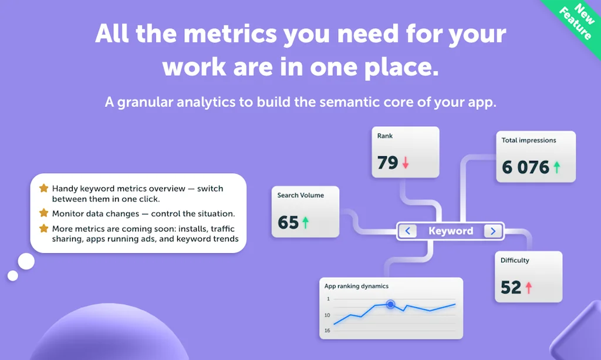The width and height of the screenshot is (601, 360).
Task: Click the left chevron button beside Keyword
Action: pyautogui.click(x=407, y=231)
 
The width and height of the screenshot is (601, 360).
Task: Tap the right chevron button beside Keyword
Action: pyautogui.click(x=493, y=231)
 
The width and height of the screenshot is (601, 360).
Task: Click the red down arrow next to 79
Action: pyautogui.click(x=406, y=163)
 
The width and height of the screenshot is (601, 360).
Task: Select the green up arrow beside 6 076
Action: pyautogui.click(x=556, y=167)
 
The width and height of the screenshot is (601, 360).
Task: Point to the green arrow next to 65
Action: pyautogui.click(x=305, y=223)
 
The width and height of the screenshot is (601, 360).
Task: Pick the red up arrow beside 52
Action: pyautogui.click(x=529, y=288)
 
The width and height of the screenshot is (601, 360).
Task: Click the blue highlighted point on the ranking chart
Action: pyautogui.click(x=390, y=304)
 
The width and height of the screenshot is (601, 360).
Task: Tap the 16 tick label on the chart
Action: pyautogui.click(x=327, y=331)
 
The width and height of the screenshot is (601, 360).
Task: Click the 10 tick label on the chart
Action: pyautogui.click(x=327, y=315)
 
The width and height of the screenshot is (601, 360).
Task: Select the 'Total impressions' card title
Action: pyautogui.click(x=529, y=140)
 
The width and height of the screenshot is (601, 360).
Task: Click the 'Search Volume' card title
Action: pyautogui.click(x=300, y=195)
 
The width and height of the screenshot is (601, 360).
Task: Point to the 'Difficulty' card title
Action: pyautogui.click(x=515, y=260)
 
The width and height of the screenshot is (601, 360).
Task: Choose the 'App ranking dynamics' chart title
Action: pyautogui.click(x=356, y=286)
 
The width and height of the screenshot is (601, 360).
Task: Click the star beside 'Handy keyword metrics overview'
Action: pyautogui.click(x=43, y=189)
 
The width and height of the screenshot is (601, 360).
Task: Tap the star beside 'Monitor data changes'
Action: pyautogui.click(x=43, y=213)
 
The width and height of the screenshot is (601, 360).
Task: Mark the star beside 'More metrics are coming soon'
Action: pyautogui.click(x=43, y=228)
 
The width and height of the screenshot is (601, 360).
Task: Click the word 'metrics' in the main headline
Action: pyautogui.click(x=230, y=33)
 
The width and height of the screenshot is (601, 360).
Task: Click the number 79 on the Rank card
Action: pyautogui.click(x=387, y=163)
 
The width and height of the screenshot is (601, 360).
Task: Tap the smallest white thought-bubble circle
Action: pyautogui.click(x=13, y=275)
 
